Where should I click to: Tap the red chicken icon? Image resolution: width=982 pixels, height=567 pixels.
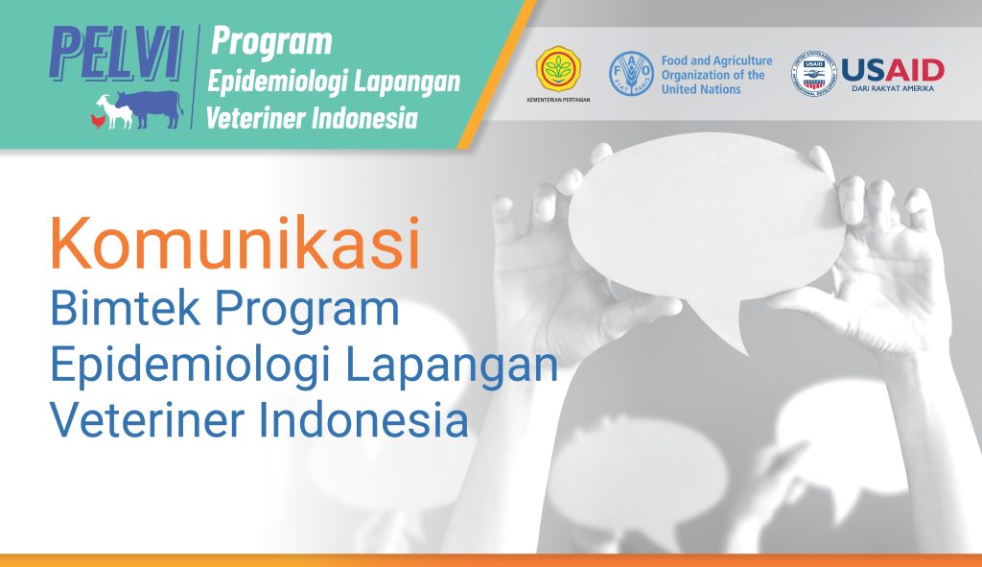coord(99,120)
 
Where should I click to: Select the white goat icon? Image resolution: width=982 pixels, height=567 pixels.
coord(115,111)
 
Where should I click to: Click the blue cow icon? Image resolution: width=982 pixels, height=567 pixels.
coord(151,108)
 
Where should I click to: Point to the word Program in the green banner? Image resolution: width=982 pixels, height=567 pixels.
coord(271,42)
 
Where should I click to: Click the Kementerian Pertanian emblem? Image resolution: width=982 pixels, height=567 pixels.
coord(558,69)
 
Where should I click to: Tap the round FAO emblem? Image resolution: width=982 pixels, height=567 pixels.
coord(631,74)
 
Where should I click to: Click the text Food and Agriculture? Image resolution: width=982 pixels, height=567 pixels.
coord(717,60)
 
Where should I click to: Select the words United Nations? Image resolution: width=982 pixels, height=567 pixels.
coord(701,89)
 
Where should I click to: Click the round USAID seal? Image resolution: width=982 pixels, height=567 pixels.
coord(813,74)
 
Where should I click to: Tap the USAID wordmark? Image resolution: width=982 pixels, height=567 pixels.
coord(893,70)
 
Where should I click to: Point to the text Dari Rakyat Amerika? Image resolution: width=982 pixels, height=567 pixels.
coord(893,88)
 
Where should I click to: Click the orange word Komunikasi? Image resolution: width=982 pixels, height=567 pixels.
coord(236,244)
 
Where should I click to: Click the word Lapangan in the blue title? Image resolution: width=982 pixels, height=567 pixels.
coord(451,366)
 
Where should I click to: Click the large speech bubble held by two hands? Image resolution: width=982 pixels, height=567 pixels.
coord(705,220)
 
